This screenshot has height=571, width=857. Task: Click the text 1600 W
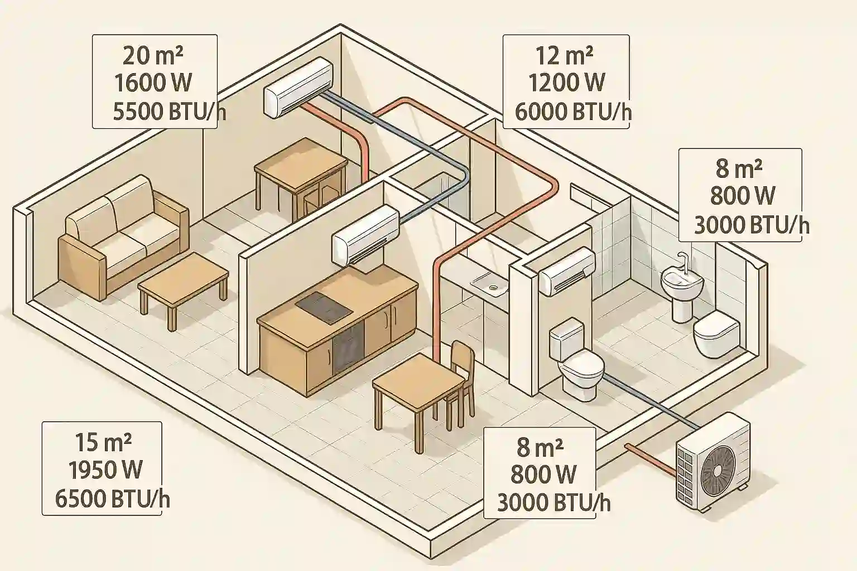click(x=153, y=83)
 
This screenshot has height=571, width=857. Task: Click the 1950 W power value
click(x=105, y=470)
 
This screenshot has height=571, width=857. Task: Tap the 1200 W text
click(x=566, y=83)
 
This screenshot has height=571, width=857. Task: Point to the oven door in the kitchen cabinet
click(x=348, y=347)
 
